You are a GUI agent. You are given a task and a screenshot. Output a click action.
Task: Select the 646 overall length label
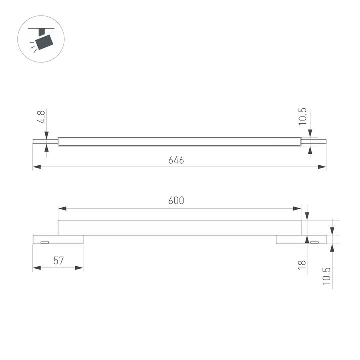pyautogui.click(x=176, y=160)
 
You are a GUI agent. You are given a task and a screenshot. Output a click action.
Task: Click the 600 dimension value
pyautogui.click(x=176, y=201)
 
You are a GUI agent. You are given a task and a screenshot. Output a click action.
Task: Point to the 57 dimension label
pyautogui.click(x=58, y=261)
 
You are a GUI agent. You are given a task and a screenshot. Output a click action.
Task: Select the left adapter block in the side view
pyautogui.click(x=58, y=240)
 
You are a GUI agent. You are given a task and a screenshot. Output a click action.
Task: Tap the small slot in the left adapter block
pyautogui.click(x=44, y=242)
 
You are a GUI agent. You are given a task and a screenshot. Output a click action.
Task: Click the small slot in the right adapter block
pyautogui.click(x=314, y=242)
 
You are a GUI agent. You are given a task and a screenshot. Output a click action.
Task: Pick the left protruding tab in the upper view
pyautogui.click(x=45, y=141)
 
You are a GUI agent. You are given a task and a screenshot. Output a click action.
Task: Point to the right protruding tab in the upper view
pyautogui.click(x=314, y=141)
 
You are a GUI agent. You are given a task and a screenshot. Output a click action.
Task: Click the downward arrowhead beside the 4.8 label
pyautogui.click(x=47, y=134)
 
